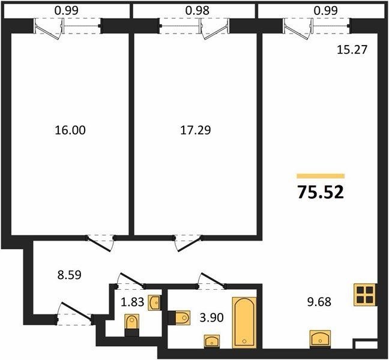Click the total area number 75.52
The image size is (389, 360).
click(x=321, y=193)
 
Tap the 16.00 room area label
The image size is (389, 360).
click(x=70, y=130)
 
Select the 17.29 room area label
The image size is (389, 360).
click(x=196, y=130)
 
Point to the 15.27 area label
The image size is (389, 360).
click(x=352, y=50)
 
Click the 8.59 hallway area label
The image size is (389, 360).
click(x=70, y=275)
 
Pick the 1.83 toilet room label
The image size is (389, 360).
click(x=132, y=302)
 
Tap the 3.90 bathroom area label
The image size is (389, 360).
click(x=212, y=317)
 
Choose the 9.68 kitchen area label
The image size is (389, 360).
click(x=319, y=302)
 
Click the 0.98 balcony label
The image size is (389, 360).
click(x=198, y=10)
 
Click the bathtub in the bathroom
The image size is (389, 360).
click(x=244, y=322)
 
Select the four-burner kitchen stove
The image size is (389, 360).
click(x=365, y=294)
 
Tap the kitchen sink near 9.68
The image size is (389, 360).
click(x=321, y=338)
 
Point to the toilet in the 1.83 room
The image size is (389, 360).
click(x=131, y=325)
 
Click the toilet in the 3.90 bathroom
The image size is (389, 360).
click(x=179, y=317)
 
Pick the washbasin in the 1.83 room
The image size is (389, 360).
click(x=154, y=303)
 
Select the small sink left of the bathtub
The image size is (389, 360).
click(x=212, y=341)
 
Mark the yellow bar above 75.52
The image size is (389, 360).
click(x=321, y=176)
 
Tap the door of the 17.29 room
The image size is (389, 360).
click(x=188, y=243)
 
